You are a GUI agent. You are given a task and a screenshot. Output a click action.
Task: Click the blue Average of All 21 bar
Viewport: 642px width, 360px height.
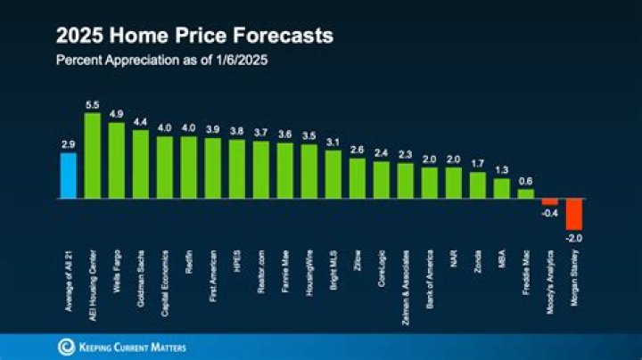[x=69, y=176]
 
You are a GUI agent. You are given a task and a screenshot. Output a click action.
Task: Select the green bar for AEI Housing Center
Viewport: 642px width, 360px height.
[x=93, y=157]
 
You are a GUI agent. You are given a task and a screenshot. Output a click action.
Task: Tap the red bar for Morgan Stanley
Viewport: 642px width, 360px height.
[x=573, y=214]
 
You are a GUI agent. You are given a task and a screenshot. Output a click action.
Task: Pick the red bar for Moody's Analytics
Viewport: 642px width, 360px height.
[x=550, y=202]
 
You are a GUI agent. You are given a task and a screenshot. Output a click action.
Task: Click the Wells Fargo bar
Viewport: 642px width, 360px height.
[x=117, y=161]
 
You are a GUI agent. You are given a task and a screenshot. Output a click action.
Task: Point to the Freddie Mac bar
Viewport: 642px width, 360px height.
[x=526, y=193]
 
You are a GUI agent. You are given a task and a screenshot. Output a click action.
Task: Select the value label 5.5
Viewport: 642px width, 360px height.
[x=93, y=104]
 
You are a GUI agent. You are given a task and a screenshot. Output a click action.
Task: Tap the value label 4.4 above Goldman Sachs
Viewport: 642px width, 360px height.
[x=141, y=121]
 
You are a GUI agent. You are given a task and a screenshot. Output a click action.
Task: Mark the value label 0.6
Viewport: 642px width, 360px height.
[x=526, y=180]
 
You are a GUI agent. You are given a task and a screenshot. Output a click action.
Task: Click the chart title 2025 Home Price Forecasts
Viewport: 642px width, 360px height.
[x=194, y=37]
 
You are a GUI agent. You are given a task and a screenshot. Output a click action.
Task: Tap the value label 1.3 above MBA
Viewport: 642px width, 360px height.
[x=502, y=169]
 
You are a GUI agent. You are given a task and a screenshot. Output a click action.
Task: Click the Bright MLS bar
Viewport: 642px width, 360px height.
[x=333, y=175]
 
